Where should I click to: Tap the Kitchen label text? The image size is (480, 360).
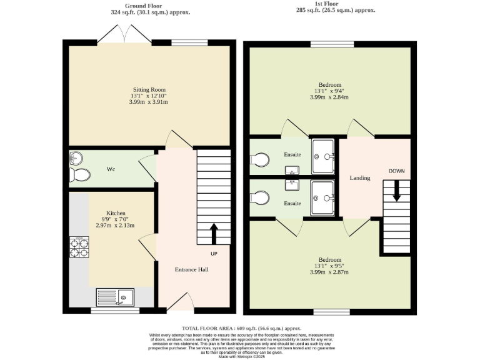click(x=116, y=212)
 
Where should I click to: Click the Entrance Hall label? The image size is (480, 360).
click(x=191, y=269)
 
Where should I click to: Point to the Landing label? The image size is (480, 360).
click(x=360, y=178)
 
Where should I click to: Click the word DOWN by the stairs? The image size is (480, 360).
click(x=396, y=171)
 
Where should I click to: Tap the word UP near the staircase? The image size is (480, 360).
click(x=214, y=254)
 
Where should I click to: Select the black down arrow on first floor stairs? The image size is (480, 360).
click(x=396, y=190)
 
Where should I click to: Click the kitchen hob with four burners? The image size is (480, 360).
click(x=79, y=248)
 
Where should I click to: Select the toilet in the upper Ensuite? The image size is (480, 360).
click(x=261, y=161)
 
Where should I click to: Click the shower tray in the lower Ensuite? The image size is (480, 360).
click(x=324, y=198)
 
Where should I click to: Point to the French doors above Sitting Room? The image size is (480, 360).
click(x=124, y=34)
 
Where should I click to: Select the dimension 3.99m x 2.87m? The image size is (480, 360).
click(x=329, y=272)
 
